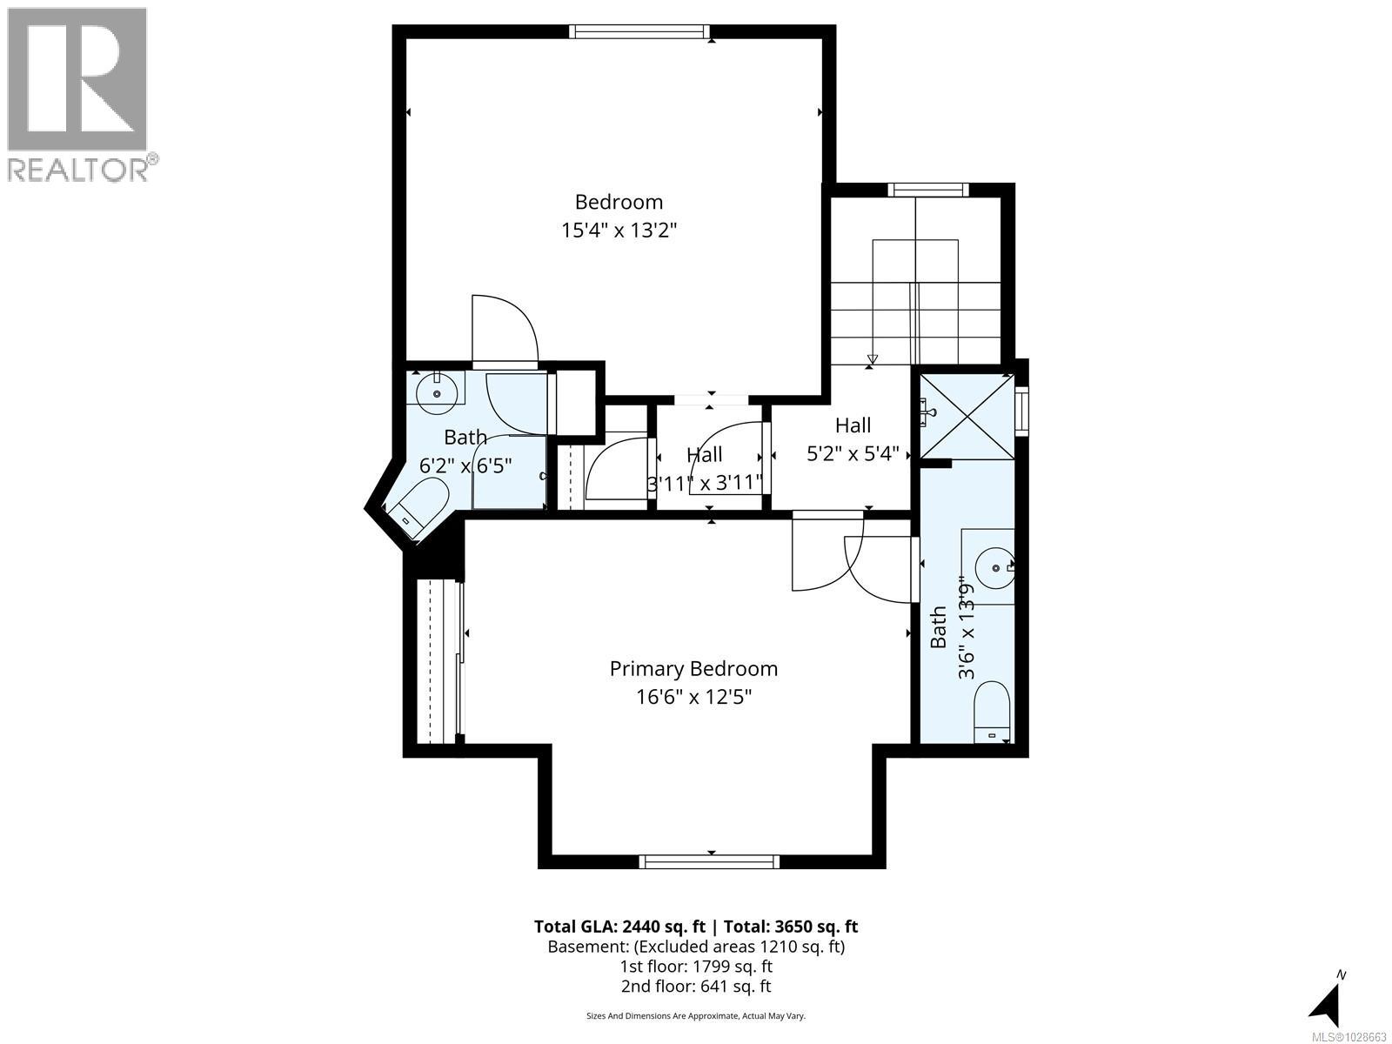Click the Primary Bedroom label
click(x=693, y=668)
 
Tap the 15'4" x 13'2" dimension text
click(x=619, y=231)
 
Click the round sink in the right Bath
click(x=994, y=568)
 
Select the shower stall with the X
click(x=967, y=417)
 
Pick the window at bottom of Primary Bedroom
click(x=709, y=861)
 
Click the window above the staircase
click(x=927, y=190)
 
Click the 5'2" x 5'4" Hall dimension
click(x=853, y=454)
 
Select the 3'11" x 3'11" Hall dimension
click(x=705, y=483)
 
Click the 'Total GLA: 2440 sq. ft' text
click(x=619, y=927)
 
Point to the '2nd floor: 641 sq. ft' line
click(x=695, y=986)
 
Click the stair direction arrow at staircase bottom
click(x=873, y=359)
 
